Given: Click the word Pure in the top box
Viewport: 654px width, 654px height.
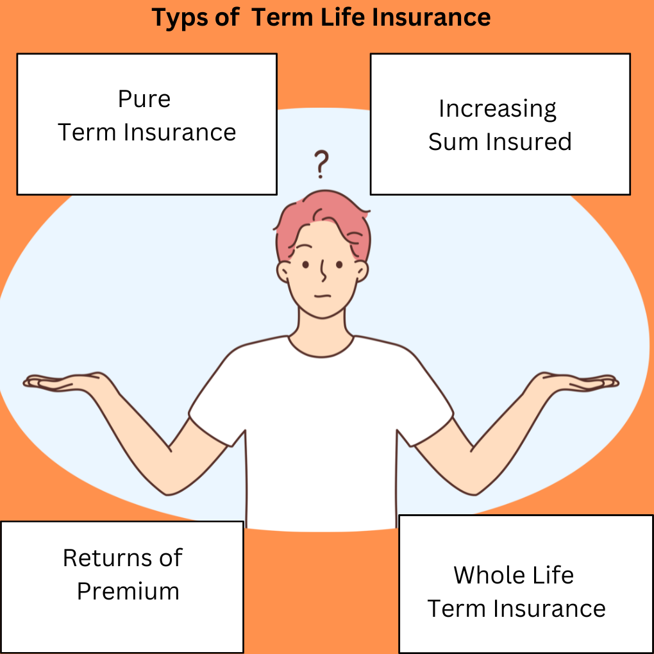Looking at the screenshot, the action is point(144,99).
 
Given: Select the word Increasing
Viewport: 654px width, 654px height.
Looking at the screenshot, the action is point(497,109).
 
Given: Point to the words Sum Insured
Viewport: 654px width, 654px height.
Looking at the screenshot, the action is point(499,142).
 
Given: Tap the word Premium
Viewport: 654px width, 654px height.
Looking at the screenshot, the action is point(128,591).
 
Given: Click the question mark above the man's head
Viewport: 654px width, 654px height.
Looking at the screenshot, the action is point(321,164).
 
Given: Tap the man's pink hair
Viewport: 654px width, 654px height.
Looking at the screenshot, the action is point(322,221).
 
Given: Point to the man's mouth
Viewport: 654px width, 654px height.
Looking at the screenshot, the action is point(323,297).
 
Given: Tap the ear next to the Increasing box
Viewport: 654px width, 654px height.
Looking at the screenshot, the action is point(361,271).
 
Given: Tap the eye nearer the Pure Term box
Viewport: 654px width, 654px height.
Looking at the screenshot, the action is point(306,264).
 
